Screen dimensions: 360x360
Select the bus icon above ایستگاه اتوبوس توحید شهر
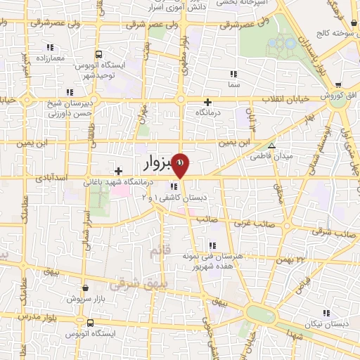(99, 54)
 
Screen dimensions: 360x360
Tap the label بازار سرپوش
(84, 298)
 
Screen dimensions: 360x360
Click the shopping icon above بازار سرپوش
(85, 288)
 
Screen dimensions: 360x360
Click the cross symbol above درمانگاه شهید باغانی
(119, 170)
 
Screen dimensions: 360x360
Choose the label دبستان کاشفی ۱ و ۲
(186, 198)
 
